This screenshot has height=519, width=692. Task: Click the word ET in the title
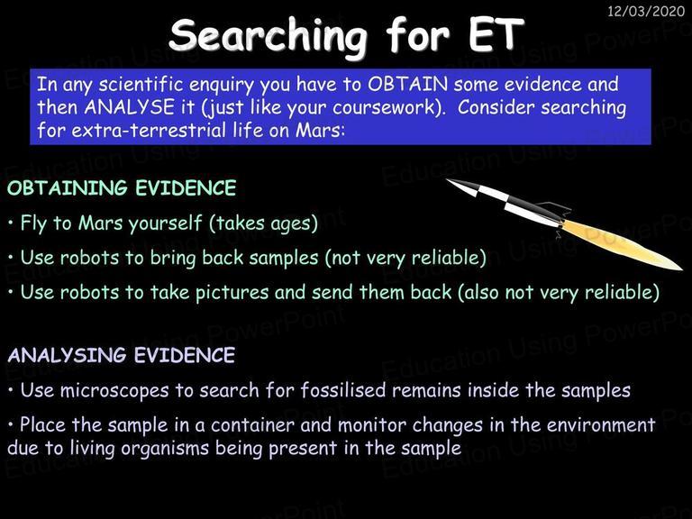496,35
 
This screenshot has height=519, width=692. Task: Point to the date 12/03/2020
646,11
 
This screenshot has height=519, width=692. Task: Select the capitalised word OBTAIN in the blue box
408,84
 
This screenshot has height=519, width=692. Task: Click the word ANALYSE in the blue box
130,107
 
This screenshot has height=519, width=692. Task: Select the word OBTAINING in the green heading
68,188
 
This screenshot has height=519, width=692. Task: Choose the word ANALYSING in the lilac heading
68,355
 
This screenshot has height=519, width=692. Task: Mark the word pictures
232,293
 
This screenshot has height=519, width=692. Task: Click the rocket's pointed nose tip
447,179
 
